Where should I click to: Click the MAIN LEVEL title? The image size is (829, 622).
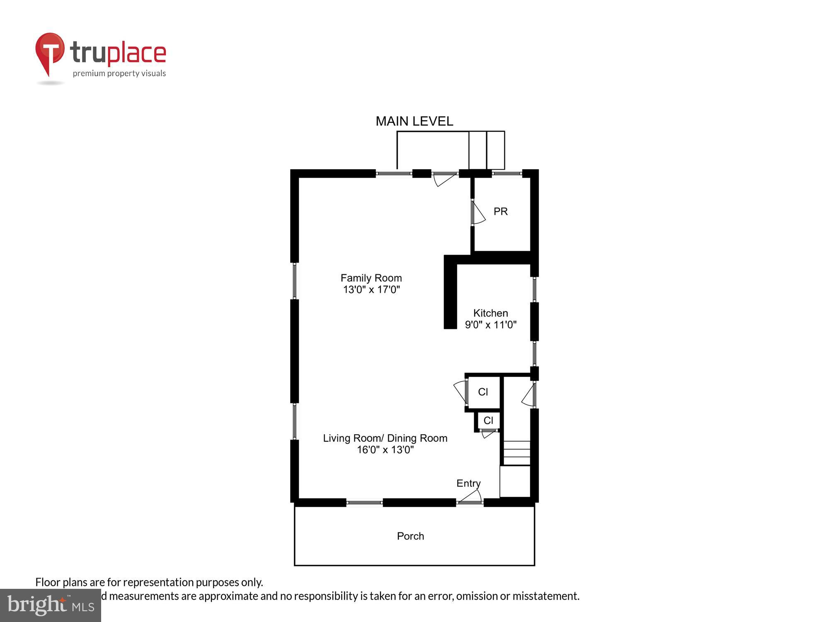click(x=414, y=121)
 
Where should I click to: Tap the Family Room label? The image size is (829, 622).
click(x=371, y=278)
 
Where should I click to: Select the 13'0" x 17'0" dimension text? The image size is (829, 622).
click(x=371, y=289)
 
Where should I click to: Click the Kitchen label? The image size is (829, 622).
click(x=490, y=313)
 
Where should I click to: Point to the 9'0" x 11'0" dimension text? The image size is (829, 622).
click(x=490, y=325)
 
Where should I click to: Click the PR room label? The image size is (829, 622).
click(x=500, y=211)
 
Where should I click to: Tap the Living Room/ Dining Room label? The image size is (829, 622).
click(x=385, y=438)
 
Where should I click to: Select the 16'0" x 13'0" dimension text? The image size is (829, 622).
click(x=385, y=450)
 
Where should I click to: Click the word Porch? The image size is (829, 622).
click(x=410, y=536)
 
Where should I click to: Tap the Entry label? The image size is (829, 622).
click(x=468, y=484)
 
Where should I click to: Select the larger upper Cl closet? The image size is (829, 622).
click(x=483, y=392)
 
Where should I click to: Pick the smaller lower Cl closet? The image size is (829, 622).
click(x=488, y=420)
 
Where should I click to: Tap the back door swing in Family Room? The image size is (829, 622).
click(x=444, y=180)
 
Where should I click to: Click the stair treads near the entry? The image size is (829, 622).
click(x=516, y=453)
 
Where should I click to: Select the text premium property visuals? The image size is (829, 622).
click(x=119, y=74)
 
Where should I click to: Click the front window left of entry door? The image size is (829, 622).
click(x=364, y=503)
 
